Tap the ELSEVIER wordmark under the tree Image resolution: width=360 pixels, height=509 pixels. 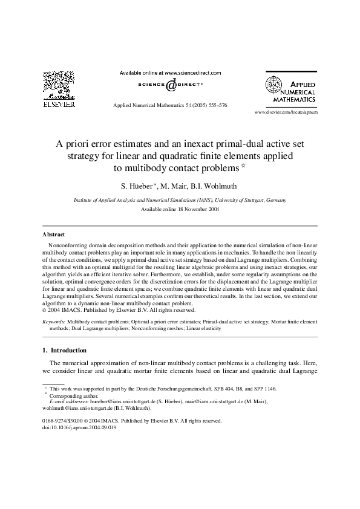point(58,105)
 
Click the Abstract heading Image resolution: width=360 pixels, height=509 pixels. point(54,234)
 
